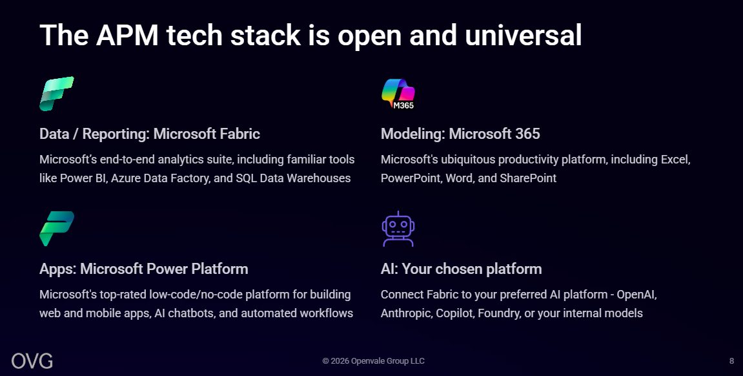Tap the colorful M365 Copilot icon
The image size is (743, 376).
coord(398,94)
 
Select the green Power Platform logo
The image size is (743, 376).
coord(57,229)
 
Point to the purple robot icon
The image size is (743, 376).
coord(398,229)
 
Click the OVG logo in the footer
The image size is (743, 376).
coord(32,361)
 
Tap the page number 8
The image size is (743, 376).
coord(731,361)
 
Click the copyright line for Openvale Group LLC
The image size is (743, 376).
coord(373,361)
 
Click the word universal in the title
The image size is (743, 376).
coord(523,35)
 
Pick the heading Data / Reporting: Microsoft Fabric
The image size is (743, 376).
coord(150,134)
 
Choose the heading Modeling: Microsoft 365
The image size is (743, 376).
coord(460,134)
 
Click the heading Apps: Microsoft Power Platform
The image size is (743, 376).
coord(143,269)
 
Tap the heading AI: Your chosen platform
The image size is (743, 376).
coord(461,269)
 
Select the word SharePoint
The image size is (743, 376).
coord(528,179)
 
